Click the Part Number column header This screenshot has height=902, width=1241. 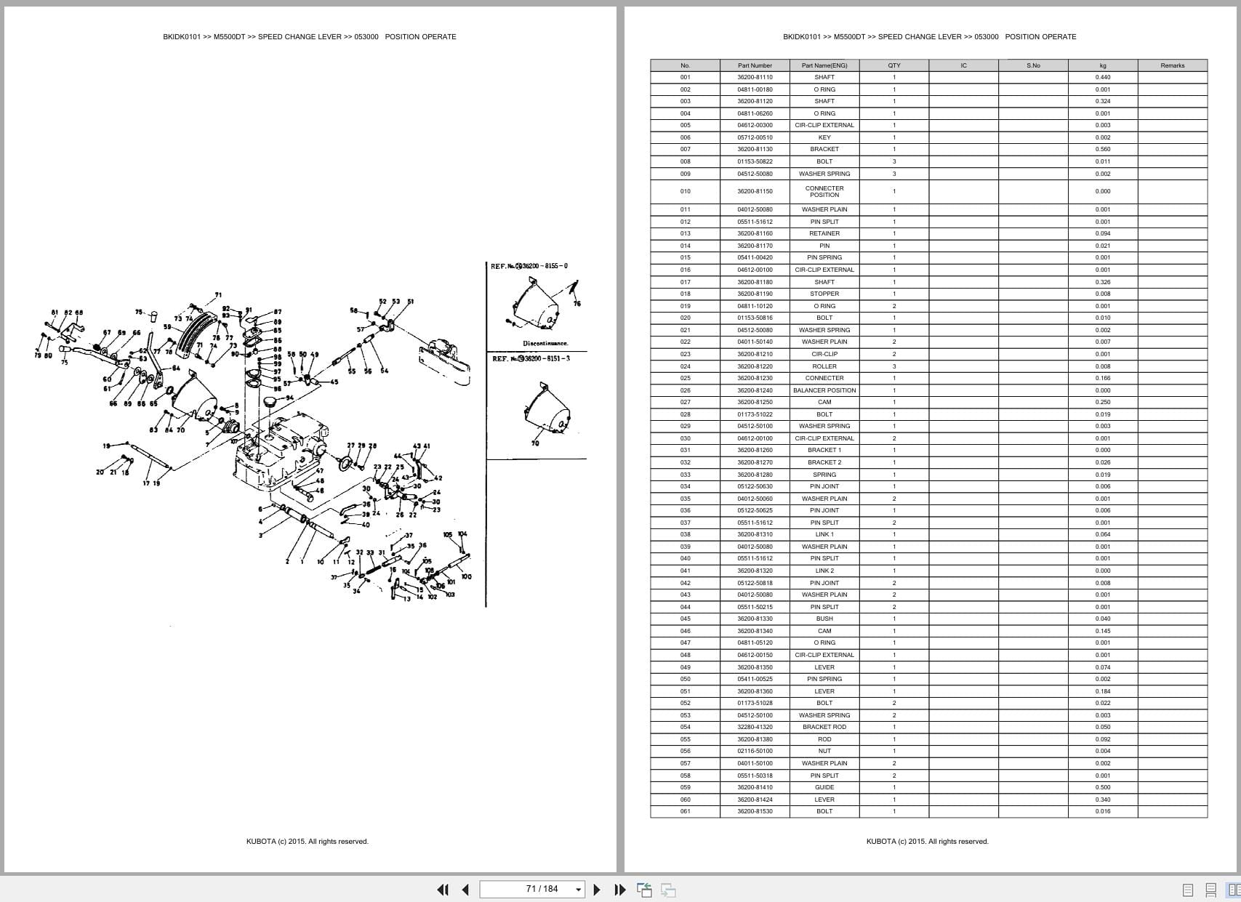click(755, 65)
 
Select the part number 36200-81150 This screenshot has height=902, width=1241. click(755, 191)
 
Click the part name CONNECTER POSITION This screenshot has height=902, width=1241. click(824, 191)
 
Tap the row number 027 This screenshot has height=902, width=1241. click(685, 402)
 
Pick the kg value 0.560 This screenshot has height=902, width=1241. click(1102, 149)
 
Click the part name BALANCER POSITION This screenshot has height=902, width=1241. click(824, 390)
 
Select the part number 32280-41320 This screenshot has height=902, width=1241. click(755, 727)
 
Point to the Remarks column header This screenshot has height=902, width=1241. click(1172, 65)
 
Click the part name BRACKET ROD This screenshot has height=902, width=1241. click(824, 727)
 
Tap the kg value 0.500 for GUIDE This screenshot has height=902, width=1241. click(1102, 787)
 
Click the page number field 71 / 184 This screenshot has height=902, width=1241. click(542, 889)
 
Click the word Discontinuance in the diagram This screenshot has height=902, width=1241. click(545, 343)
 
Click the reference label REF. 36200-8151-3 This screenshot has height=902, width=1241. click(531, 358)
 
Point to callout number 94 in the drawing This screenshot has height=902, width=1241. click(290, 398)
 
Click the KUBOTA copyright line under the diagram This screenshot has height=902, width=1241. click(307, 842)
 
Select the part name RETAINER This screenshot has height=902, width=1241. click(824, 233)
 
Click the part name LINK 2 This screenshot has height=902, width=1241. click(824, 571)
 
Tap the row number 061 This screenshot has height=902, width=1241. click(685, 811)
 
